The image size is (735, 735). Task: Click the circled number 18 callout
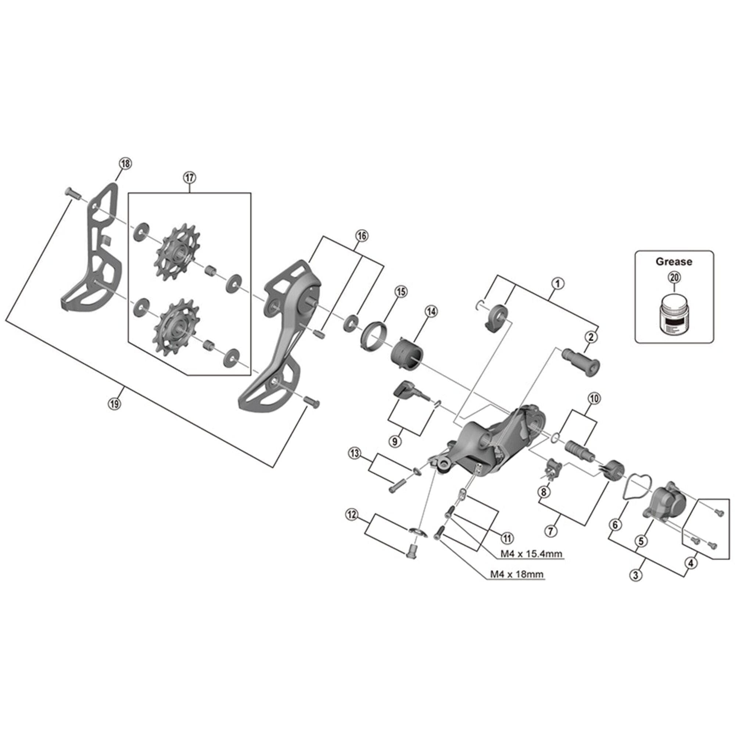(x=126, y=164)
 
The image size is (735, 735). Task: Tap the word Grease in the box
(x=674, y=261)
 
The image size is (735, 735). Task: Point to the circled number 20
(x=674, y=278)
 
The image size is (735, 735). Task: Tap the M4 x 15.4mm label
(x=531, y=553)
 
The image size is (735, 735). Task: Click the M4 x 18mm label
(x=517, y=574)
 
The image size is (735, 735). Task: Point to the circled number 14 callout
(x=431, y=312)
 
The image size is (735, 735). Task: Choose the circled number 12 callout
(x=352, y=515)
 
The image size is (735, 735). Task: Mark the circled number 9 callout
(x=394, y=441)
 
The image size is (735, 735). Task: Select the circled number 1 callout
(x=558, y=283)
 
